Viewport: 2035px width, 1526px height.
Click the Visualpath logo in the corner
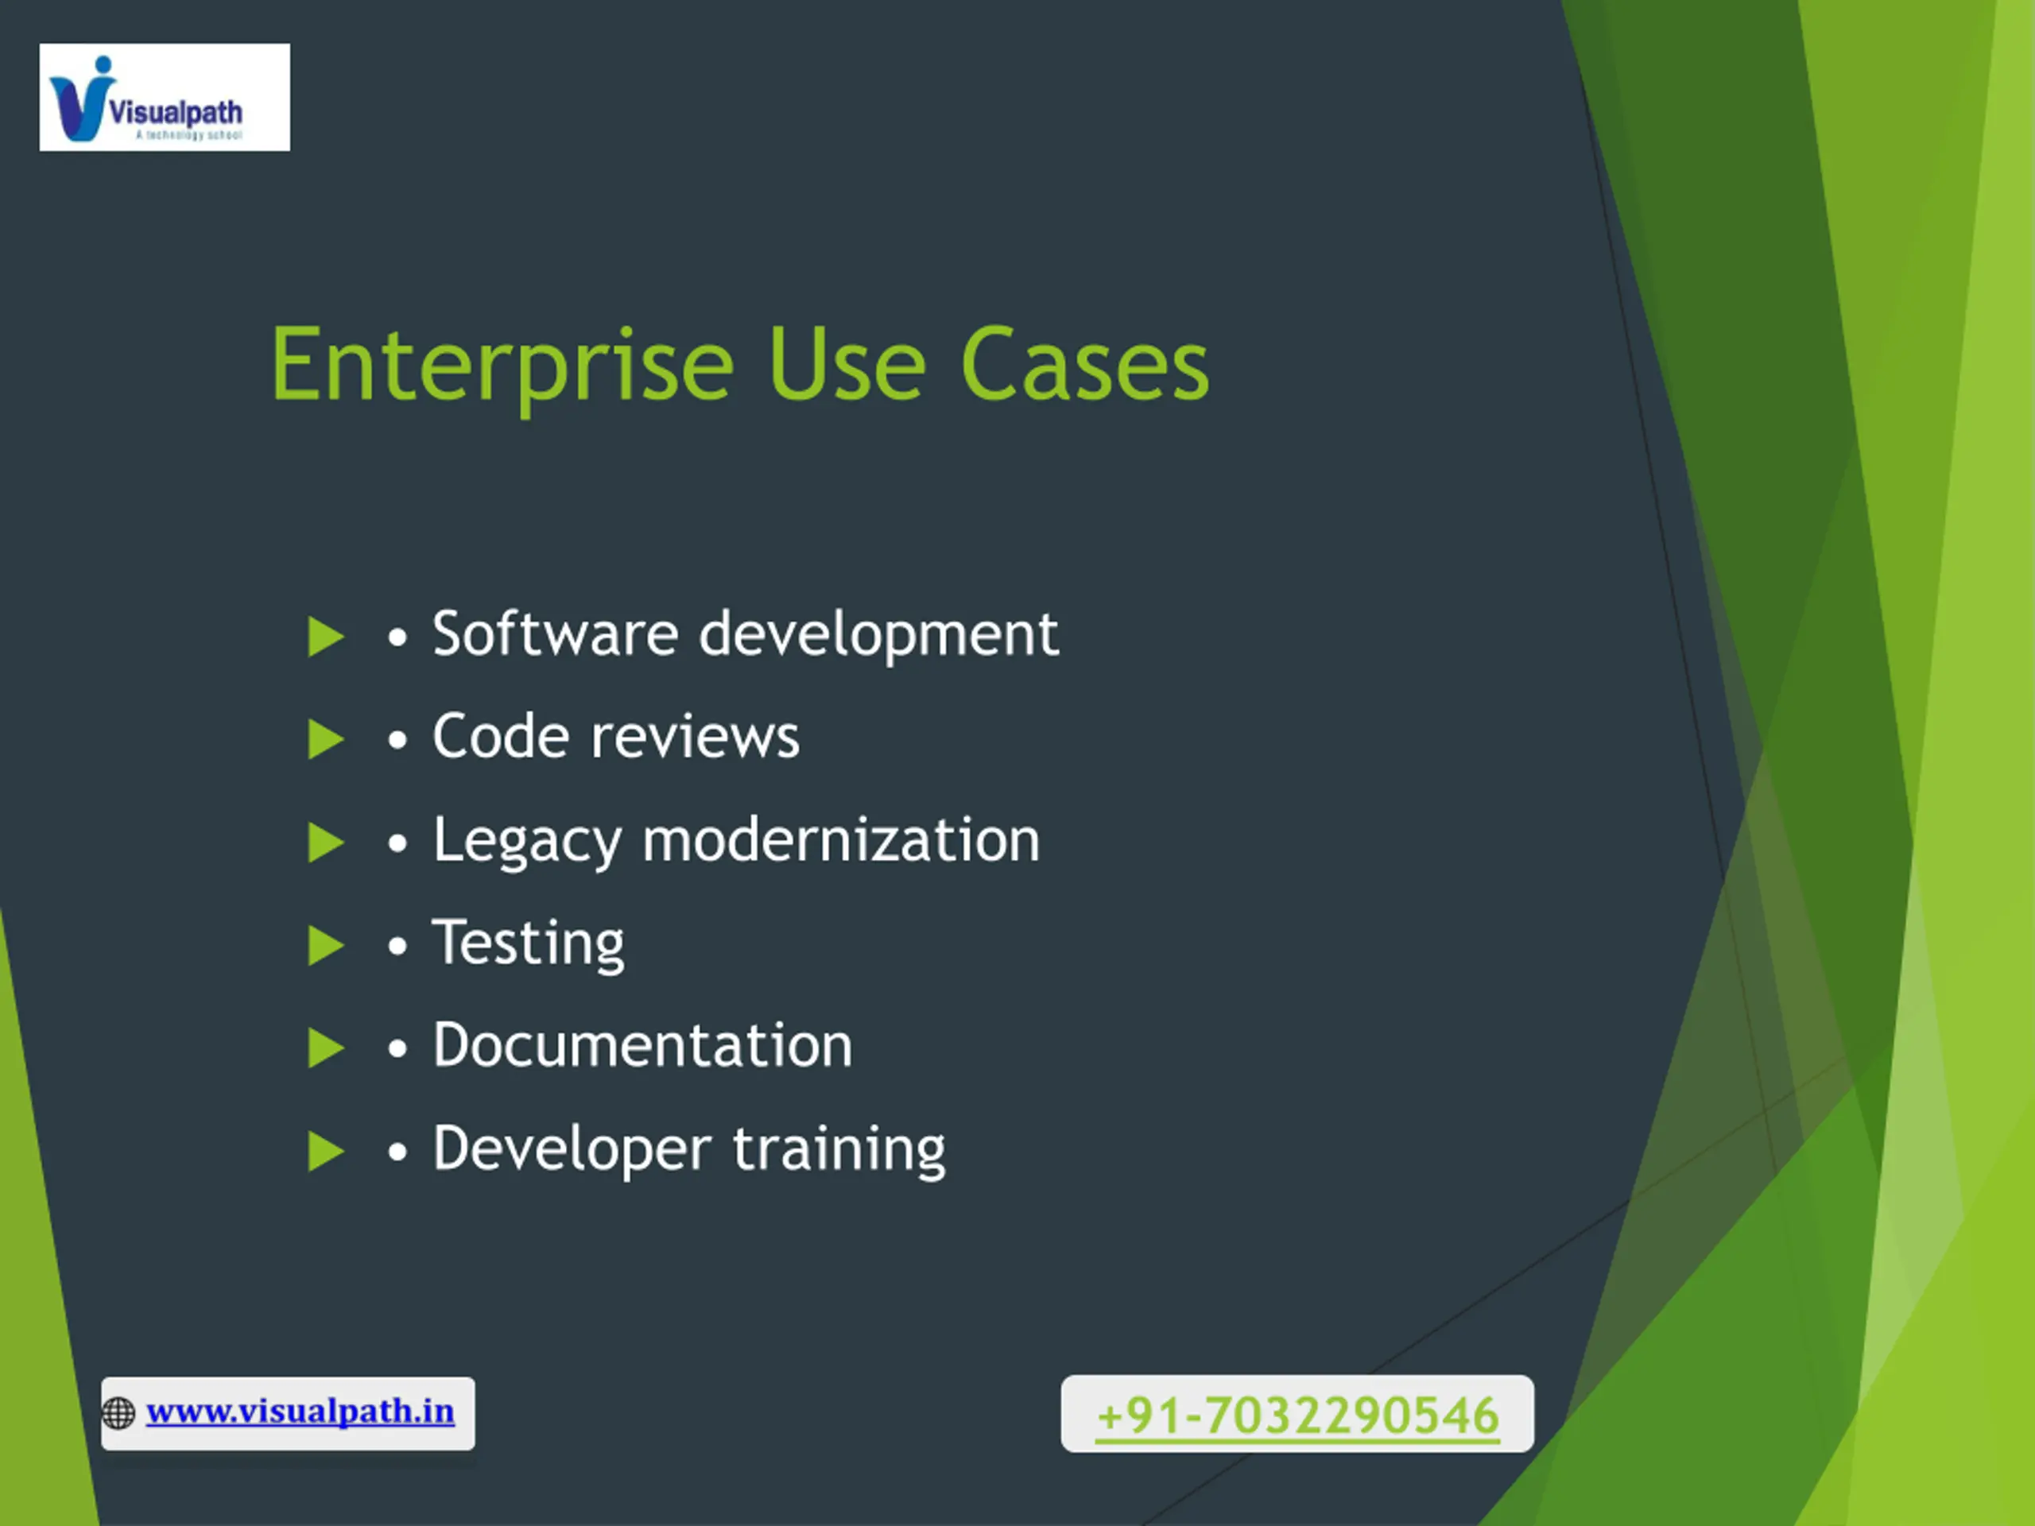coord(165,98)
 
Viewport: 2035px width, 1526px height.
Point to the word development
coord(879,636)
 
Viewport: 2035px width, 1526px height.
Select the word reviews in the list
coord(696,738)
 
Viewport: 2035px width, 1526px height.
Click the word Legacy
coord(528,842)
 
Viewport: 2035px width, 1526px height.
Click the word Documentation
coord(643,1046)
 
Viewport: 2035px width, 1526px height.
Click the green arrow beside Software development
coord(326,637)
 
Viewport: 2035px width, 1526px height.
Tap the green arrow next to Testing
coord(326,946)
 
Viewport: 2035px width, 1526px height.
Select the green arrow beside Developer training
coord(326,1152)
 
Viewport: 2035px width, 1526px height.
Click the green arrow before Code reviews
coord(326,739)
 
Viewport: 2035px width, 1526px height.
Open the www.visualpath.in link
coord(300,1412)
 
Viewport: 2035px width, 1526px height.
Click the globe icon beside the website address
coord(118,1413)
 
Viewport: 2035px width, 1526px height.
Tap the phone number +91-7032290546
coord(1297,1416)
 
